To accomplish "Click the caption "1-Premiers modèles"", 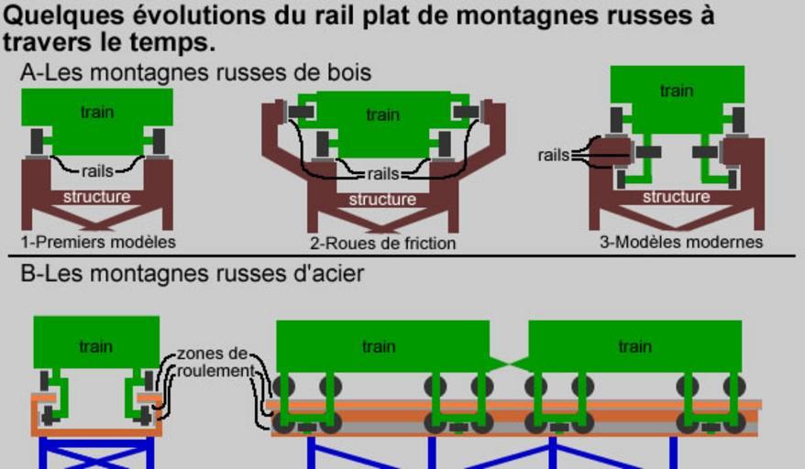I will coord(98,243).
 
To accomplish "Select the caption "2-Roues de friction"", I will coord(382,244).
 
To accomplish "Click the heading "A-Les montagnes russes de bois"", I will coord(196,72).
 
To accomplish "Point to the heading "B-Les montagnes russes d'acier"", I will coord(193,272).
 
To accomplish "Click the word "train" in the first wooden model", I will coord(97,112).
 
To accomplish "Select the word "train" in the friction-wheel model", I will coord(382,115).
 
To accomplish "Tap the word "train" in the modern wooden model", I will coord(677,91).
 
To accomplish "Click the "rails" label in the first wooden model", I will coord(97,170).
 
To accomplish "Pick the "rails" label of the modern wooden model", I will coord(554,156).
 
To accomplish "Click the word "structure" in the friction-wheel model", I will coord(382,199).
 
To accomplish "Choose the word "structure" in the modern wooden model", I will coord(677,197).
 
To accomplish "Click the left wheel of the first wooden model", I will coord(38,141).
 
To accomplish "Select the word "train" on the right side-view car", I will coord(634,346).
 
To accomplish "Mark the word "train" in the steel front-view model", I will coord(96,346).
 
